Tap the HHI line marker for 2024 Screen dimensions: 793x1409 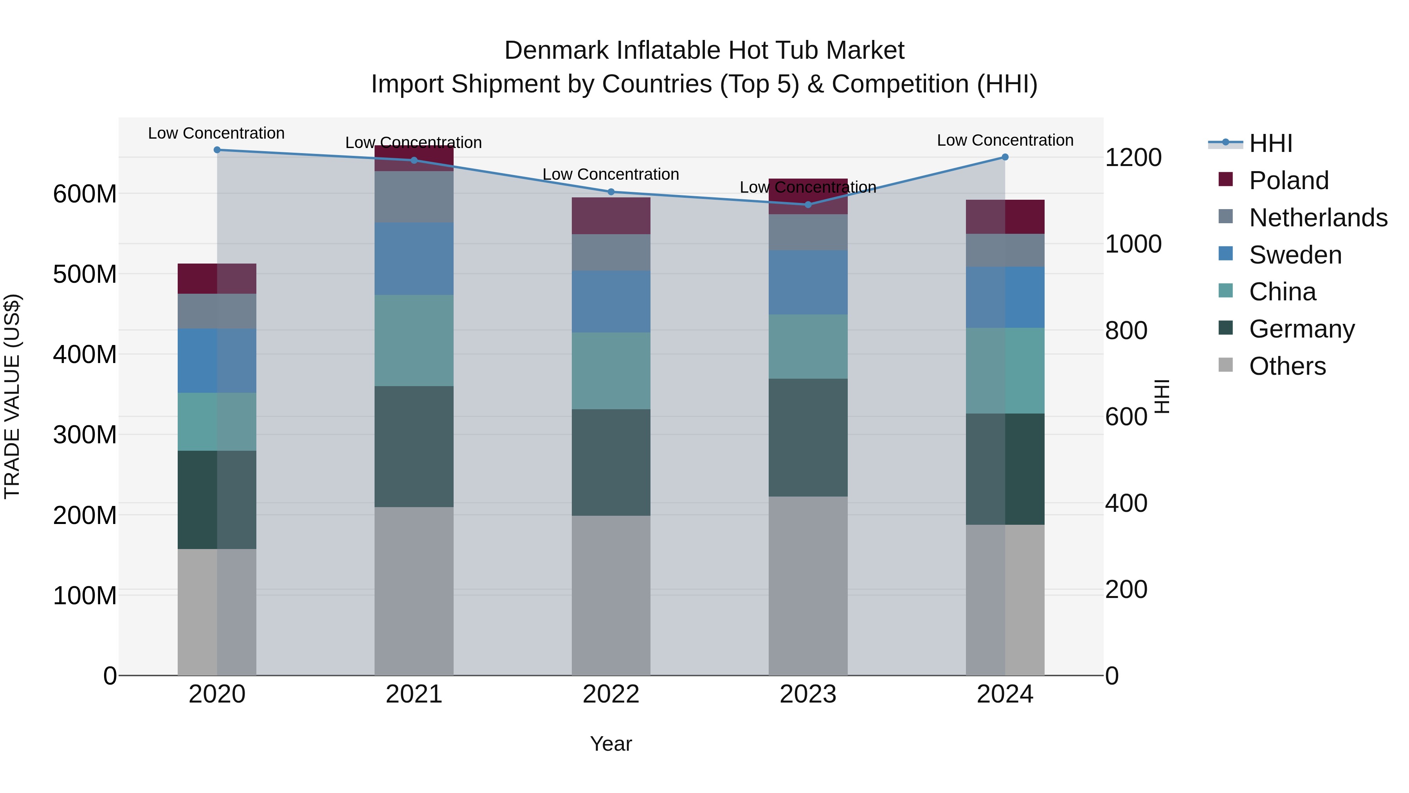[x=1005, y=157]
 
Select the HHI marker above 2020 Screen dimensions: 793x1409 [x=217, y=150]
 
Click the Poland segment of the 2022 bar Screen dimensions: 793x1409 [x=611, y=216]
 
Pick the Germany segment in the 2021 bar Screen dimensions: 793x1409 [x=414, y=446]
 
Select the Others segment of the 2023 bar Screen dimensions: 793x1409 [x=808, y=585]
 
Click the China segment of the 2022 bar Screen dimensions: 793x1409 [x=611, y=371]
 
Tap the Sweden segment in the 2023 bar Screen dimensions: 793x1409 [x=808, y=282]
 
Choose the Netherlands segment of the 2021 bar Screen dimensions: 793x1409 [x=414, y=197]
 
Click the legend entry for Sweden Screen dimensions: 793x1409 [x=1295, y=255]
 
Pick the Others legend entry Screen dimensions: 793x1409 [x=1287, y=366]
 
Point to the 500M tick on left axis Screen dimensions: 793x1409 [x=85, y=274]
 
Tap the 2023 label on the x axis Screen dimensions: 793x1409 [x=808, y=694]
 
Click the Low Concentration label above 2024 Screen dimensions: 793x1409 [x=1005, y=140]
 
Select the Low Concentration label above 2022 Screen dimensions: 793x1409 [x=611, y=174]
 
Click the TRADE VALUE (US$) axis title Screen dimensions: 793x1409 [x=12, y=396]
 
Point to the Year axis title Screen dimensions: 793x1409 [x=611, y=744]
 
